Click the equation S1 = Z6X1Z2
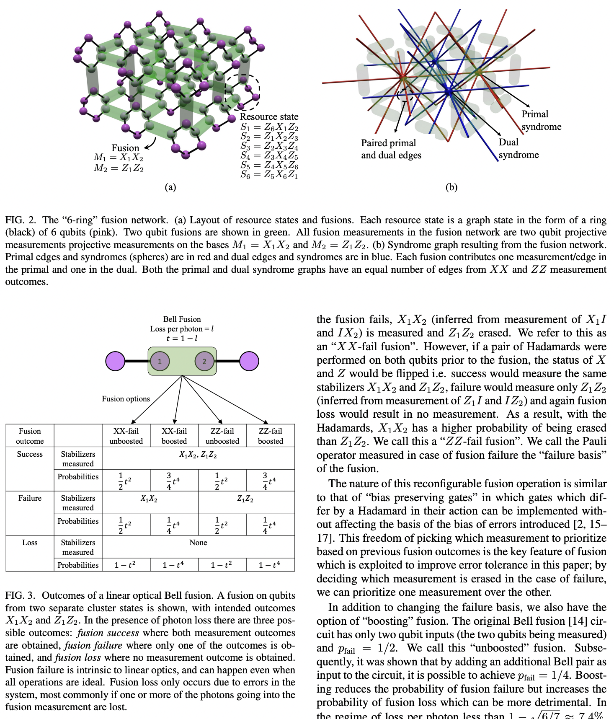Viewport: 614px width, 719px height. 269,127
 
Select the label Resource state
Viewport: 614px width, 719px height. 269,117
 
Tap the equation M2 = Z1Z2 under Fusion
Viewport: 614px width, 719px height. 119,168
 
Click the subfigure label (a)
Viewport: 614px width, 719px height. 170,187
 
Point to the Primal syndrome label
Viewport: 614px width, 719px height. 541,120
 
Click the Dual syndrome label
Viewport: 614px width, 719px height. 518,148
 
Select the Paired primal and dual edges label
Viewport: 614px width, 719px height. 391,149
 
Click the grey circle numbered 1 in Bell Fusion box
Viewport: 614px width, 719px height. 160,361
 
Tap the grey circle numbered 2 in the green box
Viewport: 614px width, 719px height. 204,361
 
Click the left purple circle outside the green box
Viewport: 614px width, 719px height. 115,361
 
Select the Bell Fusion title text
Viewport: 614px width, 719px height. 182,319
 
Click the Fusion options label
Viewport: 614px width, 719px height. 126,399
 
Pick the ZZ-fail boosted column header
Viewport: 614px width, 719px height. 270,436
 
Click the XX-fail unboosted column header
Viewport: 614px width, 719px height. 126,436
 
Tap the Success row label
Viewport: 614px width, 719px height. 30,454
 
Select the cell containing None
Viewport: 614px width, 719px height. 198,543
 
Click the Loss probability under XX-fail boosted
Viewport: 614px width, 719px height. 174,565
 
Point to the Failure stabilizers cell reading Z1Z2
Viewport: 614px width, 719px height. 245,499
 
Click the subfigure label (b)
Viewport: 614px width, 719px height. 451,187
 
